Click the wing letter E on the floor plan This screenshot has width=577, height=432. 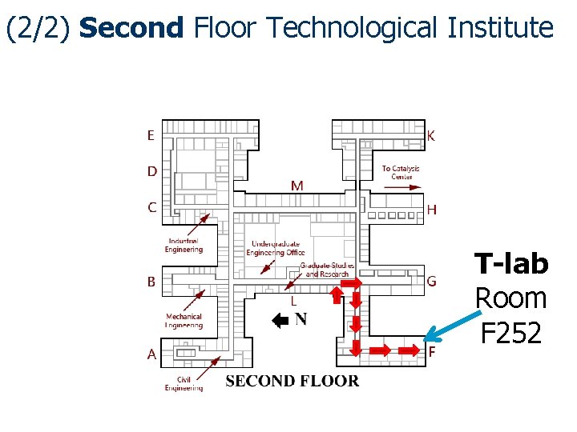[x=151, y=136]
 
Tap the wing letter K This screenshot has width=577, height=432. [x=431, y=136]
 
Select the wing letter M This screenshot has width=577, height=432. [x=297, y=186]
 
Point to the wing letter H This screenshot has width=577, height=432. [x=432, y=210]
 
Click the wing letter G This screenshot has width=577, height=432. [x=431, y=282]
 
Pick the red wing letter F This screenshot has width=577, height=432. [x=432, y=351]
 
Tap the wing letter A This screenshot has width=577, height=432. [x=151, y=354]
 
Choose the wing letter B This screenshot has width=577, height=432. [x=151, y=282]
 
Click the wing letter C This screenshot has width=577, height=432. [x=151, y=207]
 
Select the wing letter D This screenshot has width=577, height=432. [x=151, y=171]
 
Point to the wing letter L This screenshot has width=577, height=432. [x=294, y=302]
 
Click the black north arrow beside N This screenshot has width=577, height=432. [x=280, y=322]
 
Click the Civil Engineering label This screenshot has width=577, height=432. [x=184, y=384]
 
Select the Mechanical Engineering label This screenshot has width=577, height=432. [x=184, y=321]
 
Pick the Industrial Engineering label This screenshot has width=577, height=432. [x=184, y=245]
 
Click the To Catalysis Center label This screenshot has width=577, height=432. [x=401, y=172]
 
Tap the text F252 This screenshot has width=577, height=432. [x=511, y=332]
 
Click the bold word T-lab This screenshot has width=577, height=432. [x=511, y=264]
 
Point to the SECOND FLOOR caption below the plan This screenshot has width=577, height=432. [x=293, y=381]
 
